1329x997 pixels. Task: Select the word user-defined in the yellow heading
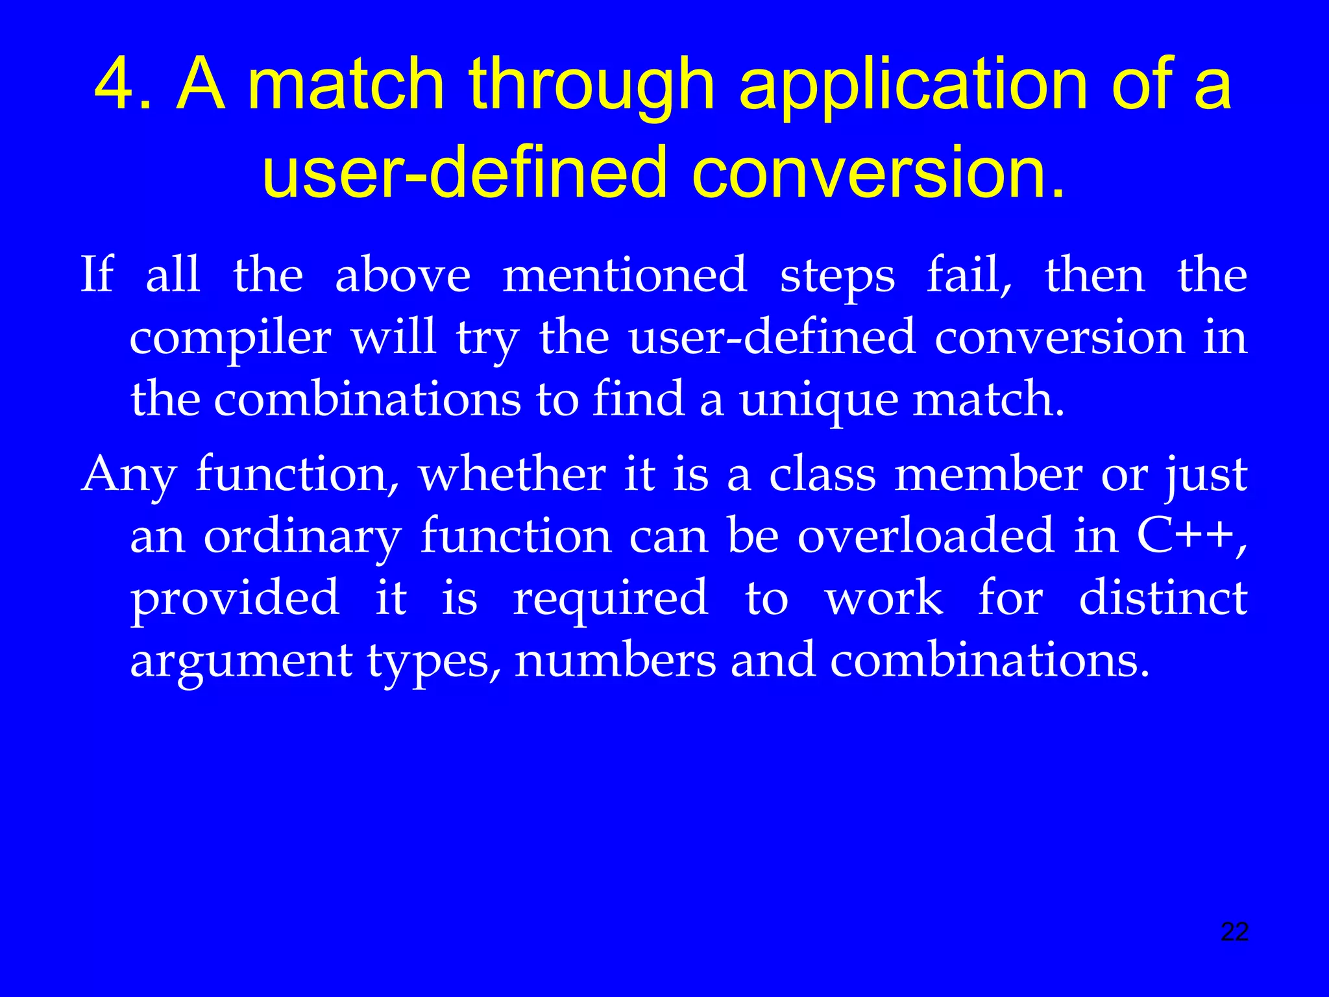[x=465, y=173]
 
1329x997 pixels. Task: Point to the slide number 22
[x=1234, y=932]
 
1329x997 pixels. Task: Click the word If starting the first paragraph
[x=97, y=275]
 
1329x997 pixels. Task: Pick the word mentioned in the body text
[x=625, y=275]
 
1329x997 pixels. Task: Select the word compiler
[x=230, y=339]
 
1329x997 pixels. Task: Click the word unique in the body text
[x=819, y=400]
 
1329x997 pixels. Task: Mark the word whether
[x=512, y=474]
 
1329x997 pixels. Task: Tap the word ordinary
[x=302, y=537]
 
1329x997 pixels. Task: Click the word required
[x=610, y=598]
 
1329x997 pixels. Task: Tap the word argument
[x=241, y=661]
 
